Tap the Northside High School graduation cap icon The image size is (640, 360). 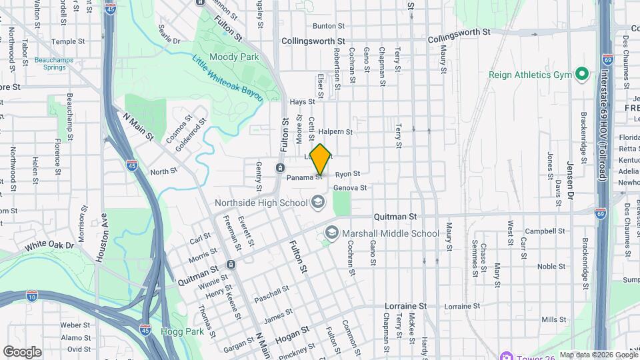click(318, 201)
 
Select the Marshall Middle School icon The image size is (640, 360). click(331, 233)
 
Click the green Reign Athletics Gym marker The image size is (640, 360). click(581, 74)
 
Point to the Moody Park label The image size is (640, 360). click(234, 57)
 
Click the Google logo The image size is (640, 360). click(22, 351)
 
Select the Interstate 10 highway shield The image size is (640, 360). click(32, 295)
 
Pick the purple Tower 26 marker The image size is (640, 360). click(506, 355)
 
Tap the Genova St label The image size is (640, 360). click(350, 188)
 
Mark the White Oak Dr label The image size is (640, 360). click(49, 246)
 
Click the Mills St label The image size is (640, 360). click(553, 320)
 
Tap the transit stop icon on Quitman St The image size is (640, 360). click(231, 265)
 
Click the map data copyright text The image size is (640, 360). click(597, 355)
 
